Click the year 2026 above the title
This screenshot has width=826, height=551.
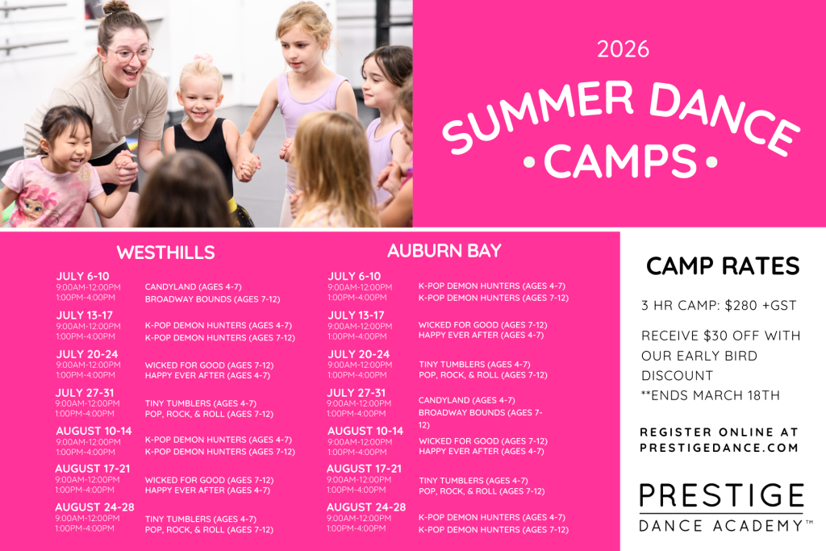(x=623, y=49)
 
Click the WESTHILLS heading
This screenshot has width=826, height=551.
(x=165, y=253)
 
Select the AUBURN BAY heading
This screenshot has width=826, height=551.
(x=444, y=251)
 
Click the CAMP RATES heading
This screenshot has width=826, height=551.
(x=723, y=265)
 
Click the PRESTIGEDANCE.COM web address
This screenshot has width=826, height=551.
(x=720, y=447)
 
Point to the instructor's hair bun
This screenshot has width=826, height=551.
(x=116, y=8)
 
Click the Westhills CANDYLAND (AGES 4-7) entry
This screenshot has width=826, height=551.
(x=193, y=287)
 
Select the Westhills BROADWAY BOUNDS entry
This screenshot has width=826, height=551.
(x=212, y=299)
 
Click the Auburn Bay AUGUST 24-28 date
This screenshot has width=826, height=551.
(x=365, y=507)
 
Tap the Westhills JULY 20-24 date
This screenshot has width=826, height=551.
(x=87, y=354)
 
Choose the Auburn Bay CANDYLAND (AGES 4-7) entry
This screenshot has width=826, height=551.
(x=466, y=400)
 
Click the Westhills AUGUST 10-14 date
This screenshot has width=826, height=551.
(x=93, y=431)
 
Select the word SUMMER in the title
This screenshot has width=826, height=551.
(x=540, y=119)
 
